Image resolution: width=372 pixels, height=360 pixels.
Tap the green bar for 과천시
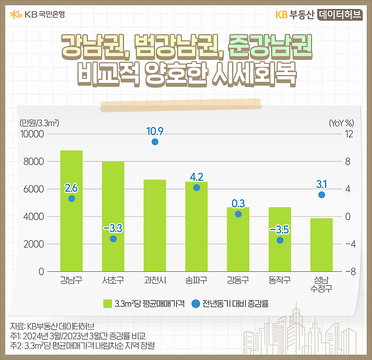pos(155,226)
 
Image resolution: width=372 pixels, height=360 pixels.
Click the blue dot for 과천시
pos(155,142)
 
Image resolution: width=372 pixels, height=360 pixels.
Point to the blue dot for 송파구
pos(196,188)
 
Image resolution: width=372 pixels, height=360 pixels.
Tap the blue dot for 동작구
pos(280,240)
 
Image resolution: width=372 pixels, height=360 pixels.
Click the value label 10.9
pos(155,131)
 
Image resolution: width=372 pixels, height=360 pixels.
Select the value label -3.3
pos(113,228)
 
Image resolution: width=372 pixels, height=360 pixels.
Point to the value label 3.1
pos(322,184)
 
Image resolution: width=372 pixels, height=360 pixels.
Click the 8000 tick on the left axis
pos(33,162)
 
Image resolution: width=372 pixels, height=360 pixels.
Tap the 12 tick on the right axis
pos(349,134)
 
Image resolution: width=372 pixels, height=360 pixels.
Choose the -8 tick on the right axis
pos(349,272)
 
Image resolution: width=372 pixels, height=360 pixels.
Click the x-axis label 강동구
pos(238,280)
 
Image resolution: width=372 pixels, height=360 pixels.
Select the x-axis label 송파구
pos(196,280)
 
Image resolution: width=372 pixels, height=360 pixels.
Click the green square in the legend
pos(107,303)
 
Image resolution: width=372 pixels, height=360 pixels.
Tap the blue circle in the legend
pos(196,303)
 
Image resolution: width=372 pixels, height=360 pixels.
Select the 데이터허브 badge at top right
pos(341,15)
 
